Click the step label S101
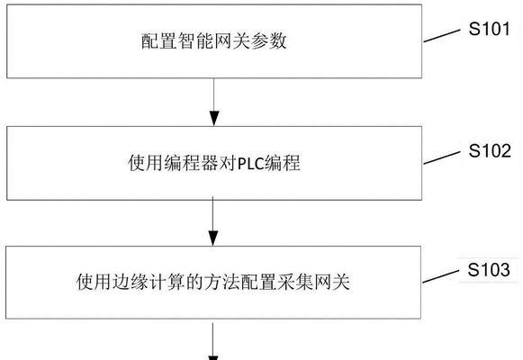[x=490, y=29]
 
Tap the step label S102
[x=490, y=150]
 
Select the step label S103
[x=489, y=269]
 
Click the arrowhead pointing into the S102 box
[x=214, y=118]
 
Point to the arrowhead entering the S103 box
[x=212, y=238]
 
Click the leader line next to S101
[x=442, y=36]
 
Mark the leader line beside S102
[x=442, y=157]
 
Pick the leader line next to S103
[x=440, y=276]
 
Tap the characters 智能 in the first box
[x=195, y=41]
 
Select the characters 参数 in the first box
[x=269, y=41]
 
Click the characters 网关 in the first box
[x=232, y=41]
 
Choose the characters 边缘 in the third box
[x=113, y=282]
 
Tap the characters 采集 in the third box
[x=295, y=282]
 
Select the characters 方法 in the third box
[x=222, y=282]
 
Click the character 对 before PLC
[x=228, y=163]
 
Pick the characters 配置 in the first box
[x=158, y=41]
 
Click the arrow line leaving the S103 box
[x=212, y=340]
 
